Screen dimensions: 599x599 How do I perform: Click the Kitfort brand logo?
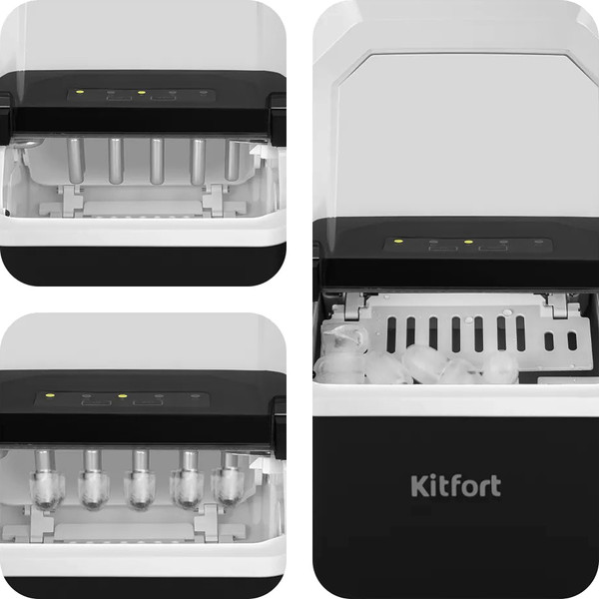[x=456, y=485]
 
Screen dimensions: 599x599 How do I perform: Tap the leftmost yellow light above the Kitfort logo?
[x=398, y=242]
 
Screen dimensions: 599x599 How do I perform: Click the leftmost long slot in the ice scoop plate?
[x=391, y=334]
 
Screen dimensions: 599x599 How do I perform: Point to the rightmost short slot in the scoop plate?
[x=572, y=341]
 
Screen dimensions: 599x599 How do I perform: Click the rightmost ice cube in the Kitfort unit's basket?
[x=500, y=366]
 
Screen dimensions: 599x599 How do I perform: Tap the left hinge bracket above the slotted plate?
[x=354, y=305]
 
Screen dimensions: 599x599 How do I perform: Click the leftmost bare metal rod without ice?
[x=75, y=161]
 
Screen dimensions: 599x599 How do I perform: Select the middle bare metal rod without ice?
[x=157, y=161]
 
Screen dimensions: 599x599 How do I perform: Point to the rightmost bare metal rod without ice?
[x=233, y=160]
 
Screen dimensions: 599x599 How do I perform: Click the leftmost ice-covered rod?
[x=47, y=480]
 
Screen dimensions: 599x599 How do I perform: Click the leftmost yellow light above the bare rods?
[x=80, y=92]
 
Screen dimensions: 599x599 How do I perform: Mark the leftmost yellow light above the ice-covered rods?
[x=49, y=395]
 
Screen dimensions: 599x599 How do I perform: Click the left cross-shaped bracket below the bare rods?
[x=72, y=201]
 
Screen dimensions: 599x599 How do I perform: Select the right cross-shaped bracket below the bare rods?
[x=215, y=201]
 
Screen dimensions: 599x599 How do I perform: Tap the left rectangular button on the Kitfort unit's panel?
[x=442, y=249]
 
